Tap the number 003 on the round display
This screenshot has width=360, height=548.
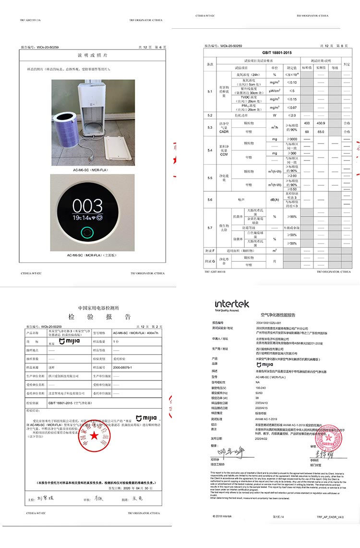[x=88, y=206]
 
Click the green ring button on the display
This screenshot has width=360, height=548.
[x=87, y=234]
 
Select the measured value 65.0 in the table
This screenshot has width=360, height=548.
[x=321, y=131]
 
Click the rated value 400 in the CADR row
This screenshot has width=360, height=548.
[x=307, y=124]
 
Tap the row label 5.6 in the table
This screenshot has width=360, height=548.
[x=210, y=199]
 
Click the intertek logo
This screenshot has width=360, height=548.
[x=232, y=304]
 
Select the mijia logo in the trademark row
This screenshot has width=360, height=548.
[x=65, y=341]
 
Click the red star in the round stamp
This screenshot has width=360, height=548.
[x=94, y=436]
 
